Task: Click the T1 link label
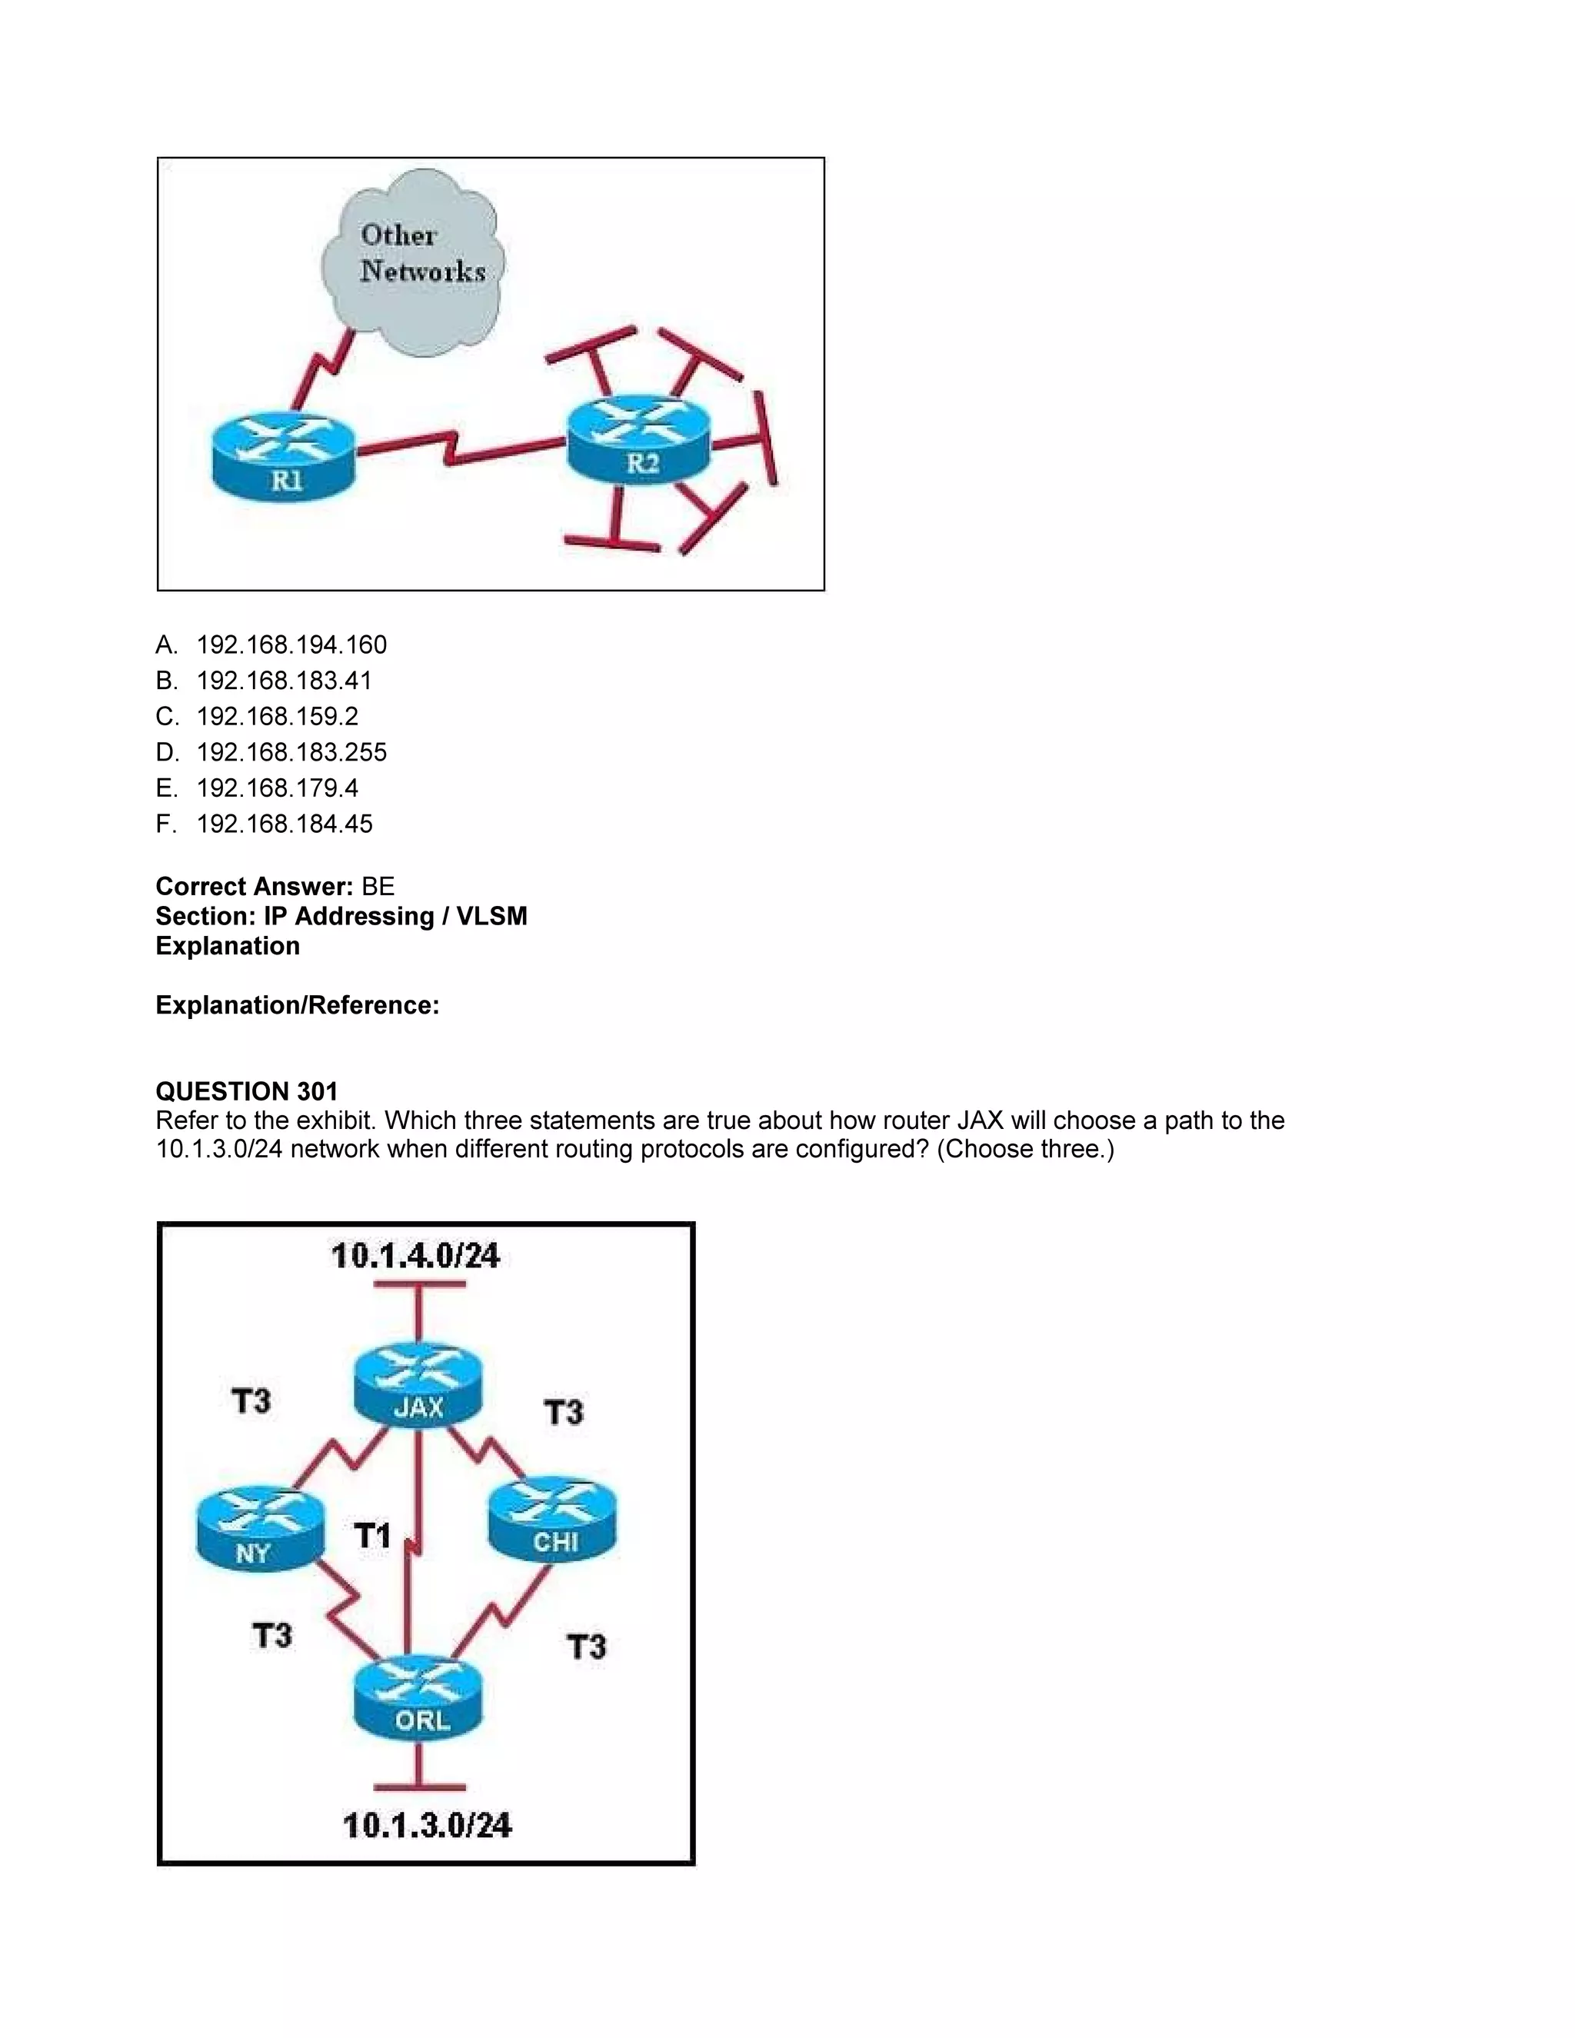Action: tap(372, 1535)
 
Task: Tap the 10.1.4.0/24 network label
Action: tap(415, 1256)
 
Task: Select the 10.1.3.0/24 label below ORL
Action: tap(428, 1825)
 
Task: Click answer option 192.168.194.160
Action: tap(291, 644)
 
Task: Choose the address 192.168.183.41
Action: tap(284, 681)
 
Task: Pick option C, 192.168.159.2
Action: tap(277, 717)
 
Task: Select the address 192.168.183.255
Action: tap(291, 752)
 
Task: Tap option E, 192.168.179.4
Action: tap(277, 788)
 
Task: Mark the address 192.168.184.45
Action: tap(284, 824)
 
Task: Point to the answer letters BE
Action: tap(378, 887)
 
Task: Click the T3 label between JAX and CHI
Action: tap(564, 1412)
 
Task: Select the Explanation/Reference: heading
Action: tap(297, 1005)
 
